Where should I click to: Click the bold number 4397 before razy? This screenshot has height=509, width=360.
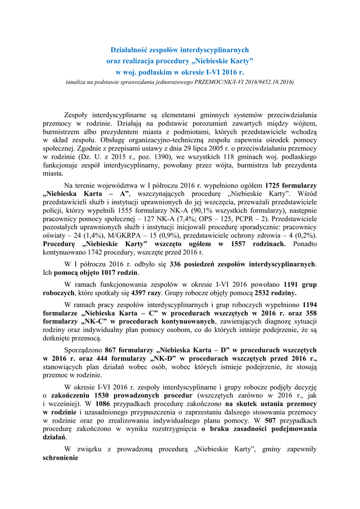pyautogui.click(x=141, y=293)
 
